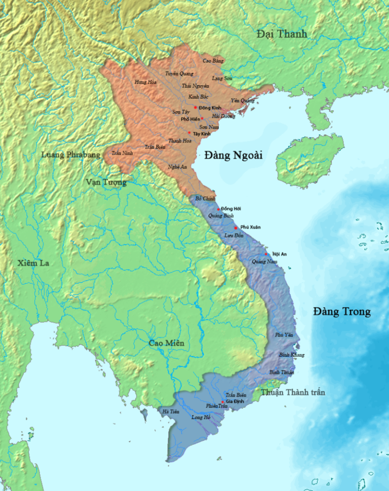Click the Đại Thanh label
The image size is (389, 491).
point(282,34)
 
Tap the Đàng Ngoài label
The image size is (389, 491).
point(234,156)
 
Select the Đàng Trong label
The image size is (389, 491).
point(341,311)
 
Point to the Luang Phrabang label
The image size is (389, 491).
point(71,155)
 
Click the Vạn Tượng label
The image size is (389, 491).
point(105,182)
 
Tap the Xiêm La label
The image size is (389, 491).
point(34,263)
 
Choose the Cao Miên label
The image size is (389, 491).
point(166,343)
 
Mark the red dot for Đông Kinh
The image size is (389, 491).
point(196,107)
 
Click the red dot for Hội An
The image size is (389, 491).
point(267,253)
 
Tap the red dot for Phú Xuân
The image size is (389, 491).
point(236,228)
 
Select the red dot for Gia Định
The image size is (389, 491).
point(222,402)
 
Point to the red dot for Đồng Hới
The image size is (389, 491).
point(218,209)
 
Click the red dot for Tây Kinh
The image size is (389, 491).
point(189,133)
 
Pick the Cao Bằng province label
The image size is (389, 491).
point(213,61)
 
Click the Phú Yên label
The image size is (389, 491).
point(284,335)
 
